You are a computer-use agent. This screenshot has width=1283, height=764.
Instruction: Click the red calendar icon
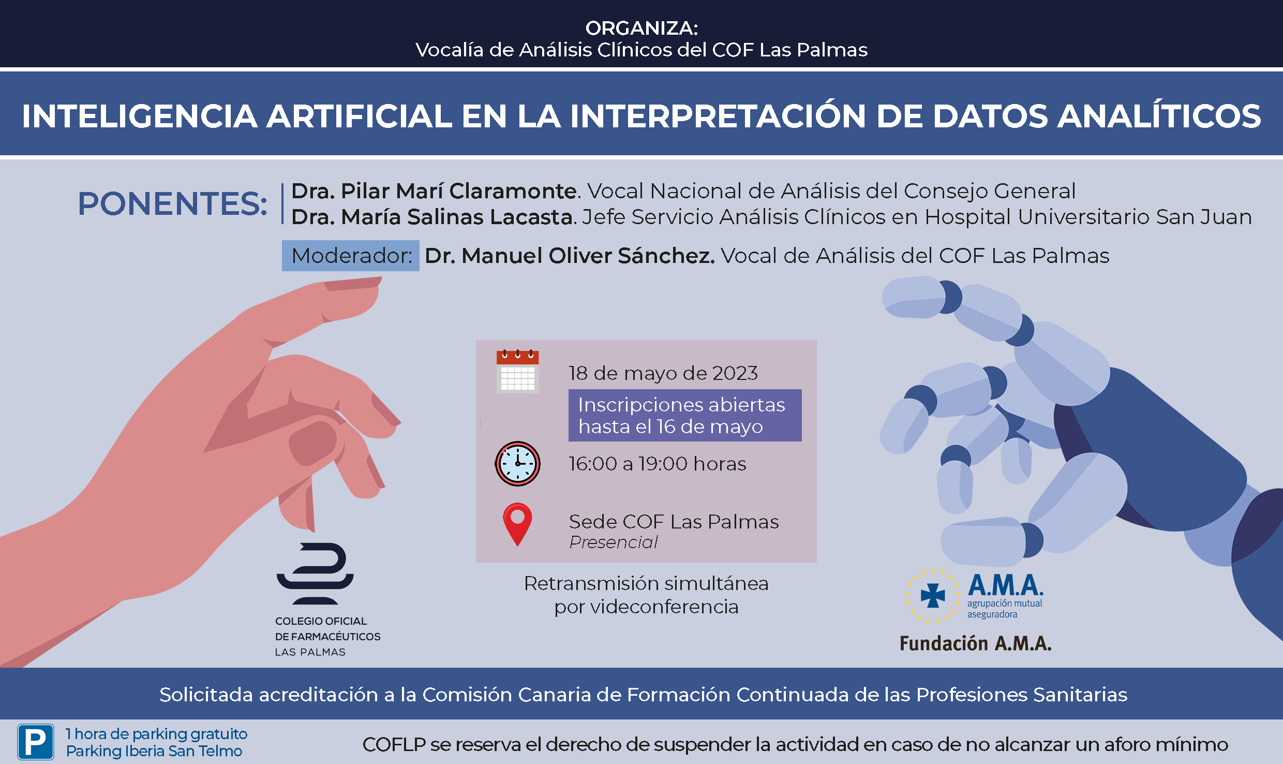pyautogui.click(x=517, y=371)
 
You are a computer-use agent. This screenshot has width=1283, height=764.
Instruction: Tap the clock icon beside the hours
pyautogui.click(x=517, y=464)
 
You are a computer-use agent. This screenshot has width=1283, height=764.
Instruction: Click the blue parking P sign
pyautogui.click(x=36, y=742)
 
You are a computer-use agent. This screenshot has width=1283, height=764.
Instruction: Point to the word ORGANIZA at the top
pyautogui.click(x=641, y=28)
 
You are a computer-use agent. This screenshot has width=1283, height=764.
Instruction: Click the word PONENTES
pyautogui.click(x=172, y=203)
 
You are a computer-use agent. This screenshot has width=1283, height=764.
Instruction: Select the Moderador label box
pyautogui.click(x=350, y=256)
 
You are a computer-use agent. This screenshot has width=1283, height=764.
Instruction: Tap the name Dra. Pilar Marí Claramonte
pyautogui.click(x=434, y=191)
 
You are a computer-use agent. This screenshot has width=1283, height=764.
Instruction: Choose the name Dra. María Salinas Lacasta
pyautogui.click(x=432, y=217)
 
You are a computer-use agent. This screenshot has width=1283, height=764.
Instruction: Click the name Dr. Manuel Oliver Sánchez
pyautogui.click(x=570, y=256)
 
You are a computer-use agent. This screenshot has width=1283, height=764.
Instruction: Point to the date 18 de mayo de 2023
pyautogui.click(x=663, y=373)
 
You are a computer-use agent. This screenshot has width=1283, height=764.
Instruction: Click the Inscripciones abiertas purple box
pyautogui.click(x=685, y=415)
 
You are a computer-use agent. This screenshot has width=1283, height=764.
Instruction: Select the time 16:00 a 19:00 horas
pyautogui.click(x=658, y=464)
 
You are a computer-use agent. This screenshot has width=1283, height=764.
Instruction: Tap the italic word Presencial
pyautogui.click(x=613, y=542)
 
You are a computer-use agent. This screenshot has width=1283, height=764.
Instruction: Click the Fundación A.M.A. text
pyautogui.click(x=976, y=643)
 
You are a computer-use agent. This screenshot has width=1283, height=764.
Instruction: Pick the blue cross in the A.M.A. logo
pyautogui.click(x=933, y=596)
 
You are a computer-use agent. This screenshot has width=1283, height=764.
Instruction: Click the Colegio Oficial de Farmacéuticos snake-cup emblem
pyautogui.click(x=315, y=574)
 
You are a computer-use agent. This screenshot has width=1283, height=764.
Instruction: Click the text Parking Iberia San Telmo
pyautogui.click(x=154, y=751)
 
